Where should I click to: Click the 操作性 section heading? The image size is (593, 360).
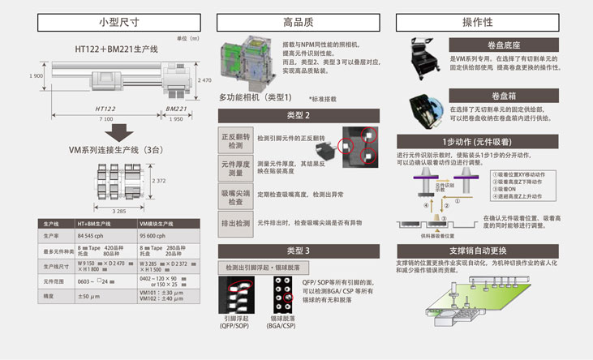pyautogui.click(x=488, y=23)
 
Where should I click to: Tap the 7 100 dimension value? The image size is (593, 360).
pyautogui.click(x=105, y=119)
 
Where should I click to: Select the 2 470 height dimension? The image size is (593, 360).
pyautogui.click(x=204, y=81)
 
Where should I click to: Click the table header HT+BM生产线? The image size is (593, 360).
pyautogui.click(x=99, y=223)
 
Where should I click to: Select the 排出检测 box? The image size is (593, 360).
pyautogui.click(x=235, y=221)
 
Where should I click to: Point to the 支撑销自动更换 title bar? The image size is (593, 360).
pyautogui.click(x=490, y=250)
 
